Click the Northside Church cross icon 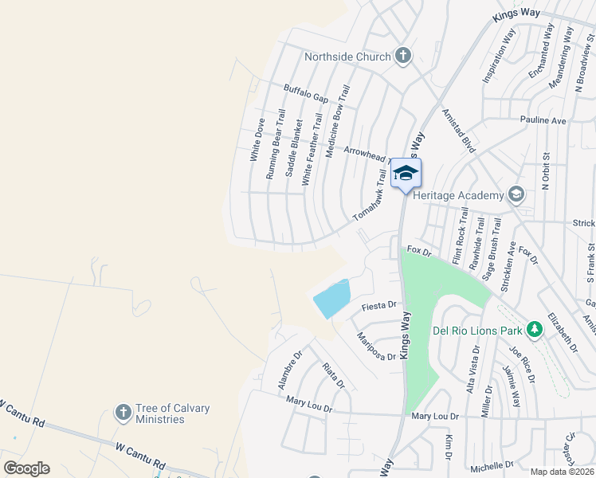tap(403, 56)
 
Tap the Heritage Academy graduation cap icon tap(516, 194)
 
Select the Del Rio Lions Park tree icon tap(533, 329)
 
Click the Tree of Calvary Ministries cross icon tap(123, 412)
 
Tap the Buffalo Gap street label tap(306, 93)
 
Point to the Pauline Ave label tap(543, 120)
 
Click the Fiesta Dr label tap(378, 305)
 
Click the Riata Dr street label tap(334, 375)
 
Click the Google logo tap(26, 468)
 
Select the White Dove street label tap(258, 140)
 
